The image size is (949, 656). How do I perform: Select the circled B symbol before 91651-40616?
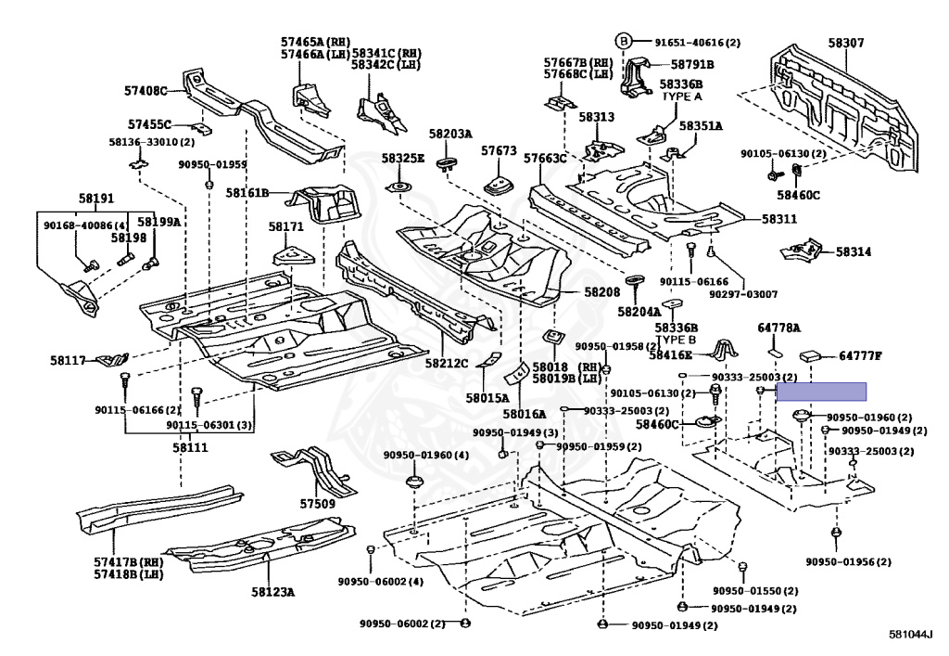tap(624, 42)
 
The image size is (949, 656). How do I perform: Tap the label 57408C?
tap(146, 91)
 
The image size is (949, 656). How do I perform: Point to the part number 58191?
tap(95, 199)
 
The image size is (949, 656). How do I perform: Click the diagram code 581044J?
tap(911, 635)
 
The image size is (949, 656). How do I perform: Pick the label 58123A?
tap(272, 591)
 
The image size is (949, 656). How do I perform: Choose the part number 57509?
tap(317, 504)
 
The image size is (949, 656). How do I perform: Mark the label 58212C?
tap(448, 363)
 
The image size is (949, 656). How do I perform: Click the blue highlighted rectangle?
tap(820, 392)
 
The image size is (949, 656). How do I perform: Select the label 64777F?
tap(861, 355)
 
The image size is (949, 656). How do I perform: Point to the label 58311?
tap(779, 219)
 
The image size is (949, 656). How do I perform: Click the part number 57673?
tap(499, 150)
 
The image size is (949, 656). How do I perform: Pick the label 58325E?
tap(402, 159)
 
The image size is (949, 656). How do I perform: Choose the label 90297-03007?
tap(744, 294)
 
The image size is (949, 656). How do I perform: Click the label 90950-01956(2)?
tap(848, 561)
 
